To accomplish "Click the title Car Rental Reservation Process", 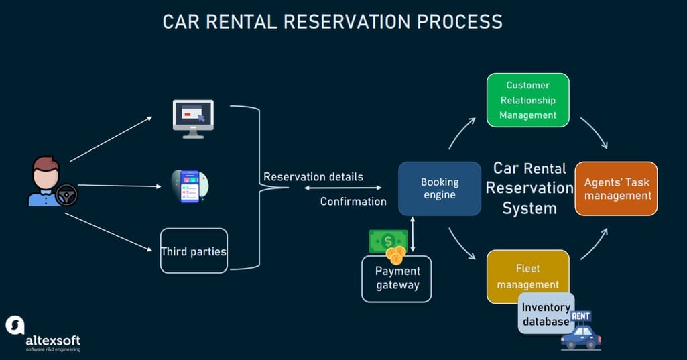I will click(x=332, y=21).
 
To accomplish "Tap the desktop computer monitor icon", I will click(x=193, y=118).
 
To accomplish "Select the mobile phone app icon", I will click(x=190, y=186).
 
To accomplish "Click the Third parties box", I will click(x=194, y=251).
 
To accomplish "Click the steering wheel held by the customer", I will click(x=66, y=195).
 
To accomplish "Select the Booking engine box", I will click(x=440, y=188).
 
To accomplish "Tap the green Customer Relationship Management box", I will click(x=527, y=100).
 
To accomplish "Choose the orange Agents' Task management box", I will click(x=617, y=188).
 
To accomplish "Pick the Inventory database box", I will click(x=546, y=314).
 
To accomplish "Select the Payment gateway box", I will click(x=397, y=278).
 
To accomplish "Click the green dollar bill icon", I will click(x=387, y=241).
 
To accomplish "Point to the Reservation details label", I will click(x=313, y=177).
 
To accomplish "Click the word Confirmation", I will click(x=353, y=201).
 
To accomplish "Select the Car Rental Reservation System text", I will click(x=529, y=188).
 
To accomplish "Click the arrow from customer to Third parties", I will click(x=110, y=232).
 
